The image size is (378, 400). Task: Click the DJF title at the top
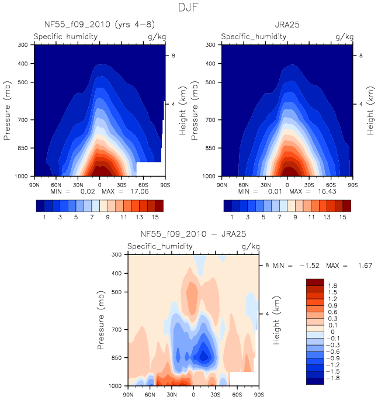pos(188,8)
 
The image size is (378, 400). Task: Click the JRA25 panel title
pos(287,25)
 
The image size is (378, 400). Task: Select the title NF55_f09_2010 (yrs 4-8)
pos(99,25)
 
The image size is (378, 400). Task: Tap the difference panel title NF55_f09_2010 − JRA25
pos(193,234)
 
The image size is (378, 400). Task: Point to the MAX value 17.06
pos(139,191)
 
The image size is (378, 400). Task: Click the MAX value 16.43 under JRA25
pos(327,191)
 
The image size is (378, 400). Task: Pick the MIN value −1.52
pos(310,265)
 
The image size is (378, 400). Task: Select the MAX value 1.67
pos(365,265)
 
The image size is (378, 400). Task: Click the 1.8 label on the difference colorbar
pos(332,286)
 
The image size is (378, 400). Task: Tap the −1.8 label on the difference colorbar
pos(332,378)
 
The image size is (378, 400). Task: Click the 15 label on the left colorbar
pos(155,217)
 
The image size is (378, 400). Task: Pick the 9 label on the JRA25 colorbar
pos(295,217)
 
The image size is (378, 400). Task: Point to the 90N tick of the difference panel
pos(128,395)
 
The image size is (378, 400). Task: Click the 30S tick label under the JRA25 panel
pos(309,185)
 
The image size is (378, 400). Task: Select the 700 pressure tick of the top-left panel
pos(23,120)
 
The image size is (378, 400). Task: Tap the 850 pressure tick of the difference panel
pos(116,358)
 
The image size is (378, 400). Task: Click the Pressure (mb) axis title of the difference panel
pos(101,320)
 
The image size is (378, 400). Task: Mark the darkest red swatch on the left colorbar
pos(159,206)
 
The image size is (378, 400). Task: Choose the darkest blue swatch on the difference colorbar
pos(315,381)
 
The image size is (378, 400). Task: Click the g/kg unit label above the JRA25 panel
pos(344,37)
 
